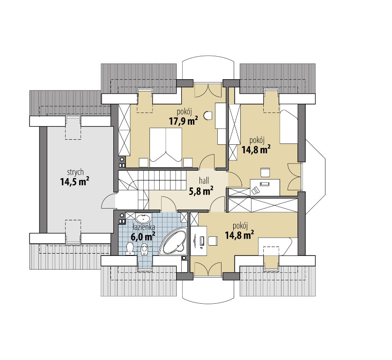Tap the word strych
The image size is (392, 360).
[75, 172]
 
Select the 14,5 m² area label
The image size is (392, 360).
[75, 182]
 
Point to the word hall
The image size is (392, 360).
[204, 180]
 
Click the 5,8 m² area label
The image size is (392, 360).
[201, 191]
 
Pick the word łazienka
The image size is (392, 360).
[144, 228]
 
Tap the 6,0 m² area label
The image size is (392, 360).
[143, 236]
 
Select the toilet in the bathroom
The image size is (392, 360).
[130, 248]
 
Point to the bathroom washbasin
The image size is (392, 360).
[143, 218]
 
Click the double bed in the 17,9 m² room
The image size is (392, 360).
[166, 147]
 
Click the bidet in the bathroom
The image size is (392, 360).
[145, 249]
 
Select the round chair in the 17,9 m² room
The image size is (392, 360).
[208, 116]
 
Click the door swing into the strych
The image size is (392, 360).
[108, 201]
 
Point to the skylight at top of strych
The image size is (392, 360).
[73, 127]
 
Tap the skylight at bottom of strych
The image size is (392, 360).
[73, 232]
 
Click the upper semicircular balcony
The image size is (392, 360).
[208, 71]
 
